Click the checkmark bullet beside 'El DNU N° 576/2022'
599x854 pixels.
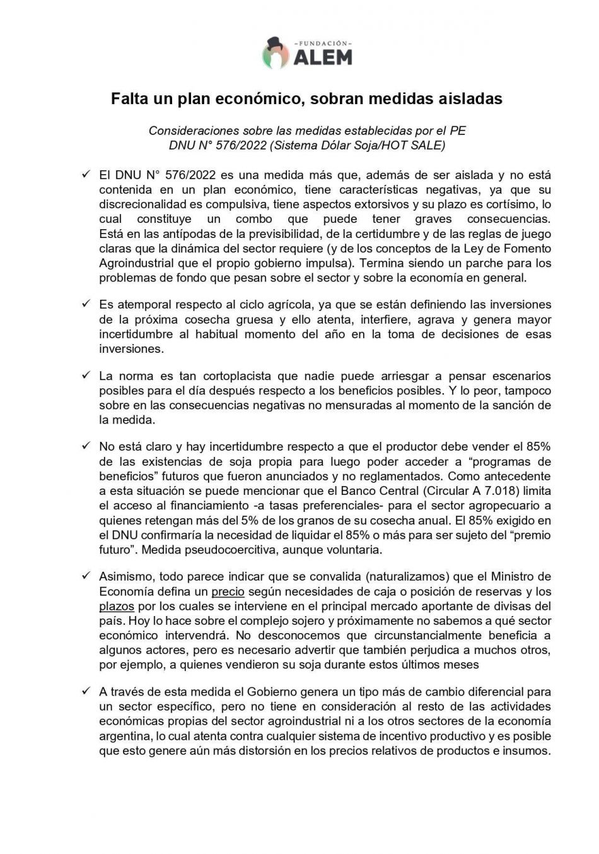tap(86, 174)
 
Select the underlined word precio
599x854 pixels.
tap(228, 591)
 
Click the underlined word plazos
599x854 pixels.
tap(117, 606)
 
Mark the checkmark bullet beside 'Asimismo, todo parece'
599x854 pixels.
tap(86, 576)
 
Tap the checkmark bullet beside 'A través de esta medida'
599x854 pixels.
tap(86, 691)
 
